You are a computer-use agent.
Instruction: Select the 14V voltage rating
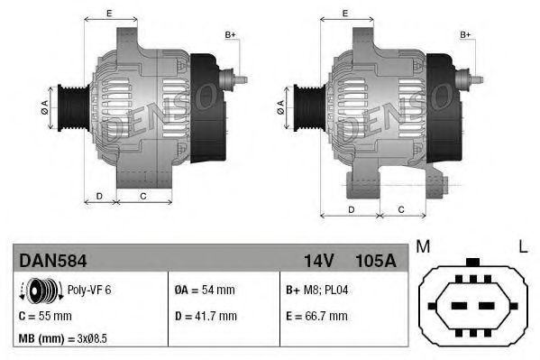(318, 260)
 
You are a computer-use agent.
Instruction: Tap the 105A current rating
(377, 260)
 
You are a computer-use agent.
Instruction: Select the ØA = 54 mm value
(204, 291)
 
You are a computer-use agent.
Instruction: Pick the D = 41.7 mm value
(205, 316)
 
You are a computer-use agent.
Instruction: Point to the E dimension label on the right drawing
(346, 14)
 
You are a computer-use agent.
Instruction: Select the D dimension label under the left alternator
(99, 196)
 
